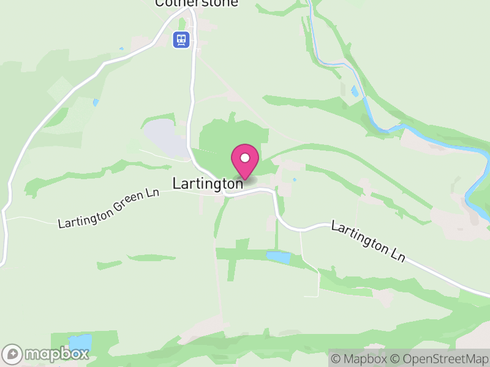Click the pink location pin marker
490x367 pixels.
pyautogui.click(x=245, y=162)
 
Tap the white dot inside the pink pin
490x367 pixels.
pyautogui.click(x=245, y=158)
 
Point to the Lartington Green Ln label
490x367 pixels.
pyautogui.click(x=108, y=208)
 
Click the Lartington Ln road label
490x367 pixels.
pyautogui.click(x=369, y=241)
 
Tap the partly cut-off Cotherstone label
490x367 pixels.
pyautogui.click(x=196, y=3)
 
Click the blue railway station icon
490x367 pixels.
pyautogui.click(x=181, y=40)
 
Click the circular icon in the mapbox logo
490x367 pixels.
pyautogui.click(x=13, y=354)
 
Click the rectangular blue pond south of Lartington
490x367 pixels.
pyautogui.click(x=279, y=258)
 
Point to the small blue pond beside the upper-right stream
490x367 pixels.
pyautogui.click(x=354, y=92)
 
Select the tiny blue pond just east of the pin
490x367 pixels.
pyautogui.click(x=295, y=179)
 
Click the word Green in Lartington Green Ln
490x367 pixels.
pyautogui.click(x=124, y=203)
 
